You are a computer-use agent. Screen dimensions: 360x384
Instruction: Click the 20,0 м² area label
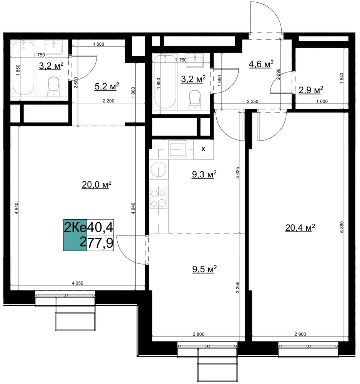point(96,185)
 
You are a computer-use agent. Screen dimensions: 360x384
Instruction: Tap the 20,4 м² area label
point(300,228)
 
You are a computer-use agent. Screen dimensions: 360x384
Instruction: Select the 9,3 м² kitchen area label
point(204,174)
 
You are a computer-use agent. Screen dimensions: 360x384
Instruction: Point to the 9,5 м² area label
point(204,269)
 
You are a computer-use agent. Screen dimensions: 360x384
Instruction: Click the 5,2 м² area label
point(106,86)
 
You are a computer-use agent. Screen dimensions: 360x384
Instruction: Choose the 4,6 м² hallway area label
point(261,64)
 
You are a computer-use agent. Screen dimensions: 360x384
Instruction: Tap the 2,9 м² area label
point(311,90)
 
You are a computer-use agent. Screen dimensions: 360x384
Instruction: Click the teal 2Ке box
point(75,235)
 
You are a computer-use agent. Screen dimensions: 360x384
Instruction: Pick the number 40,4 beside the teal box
point(100,228)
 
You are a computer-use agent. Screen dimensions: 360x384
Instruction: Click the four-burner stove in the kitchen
point(159,199)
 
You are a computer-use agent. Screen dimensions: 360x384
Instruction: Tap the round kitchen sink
point(159,169)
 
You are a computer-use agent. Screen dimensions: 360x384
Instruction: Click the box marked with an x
point(203,149)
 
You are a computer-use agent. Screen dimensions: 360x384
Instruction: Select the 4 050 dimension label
point(78,283)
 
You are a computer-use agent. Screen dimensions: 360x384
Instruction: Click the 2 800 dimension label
point(199,334)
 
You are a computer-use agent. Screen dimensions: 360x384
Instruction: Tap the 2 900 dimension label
point(300,334)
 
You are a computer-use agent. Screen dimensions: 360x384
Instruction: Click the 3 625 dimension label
point(237,173)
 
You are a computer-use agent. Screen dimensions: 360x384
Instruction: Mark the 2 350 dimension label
point(252,101)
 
